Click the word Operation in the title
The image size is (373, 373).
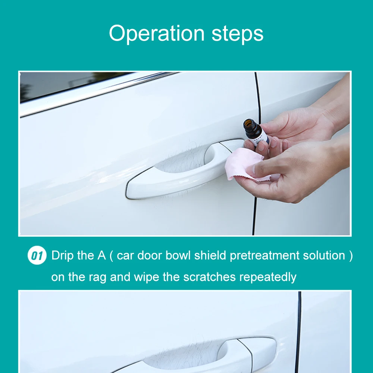pos(157,33)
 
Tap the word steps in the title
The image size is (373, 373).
pos(237,34)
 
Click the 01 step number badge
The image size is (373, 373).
pos(37,256)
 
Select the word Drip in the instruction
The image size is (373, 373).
pos(62,256)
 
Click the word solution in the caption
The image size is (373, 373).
pos(324,256)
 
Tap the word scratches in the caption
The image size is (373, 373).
pos(209,277)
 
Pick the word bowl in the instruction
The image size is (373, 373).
pos(178,256)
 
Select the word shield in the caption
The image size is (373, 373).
pos(210,256)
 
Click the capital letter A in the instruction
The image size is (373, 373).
pos(101,256)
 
